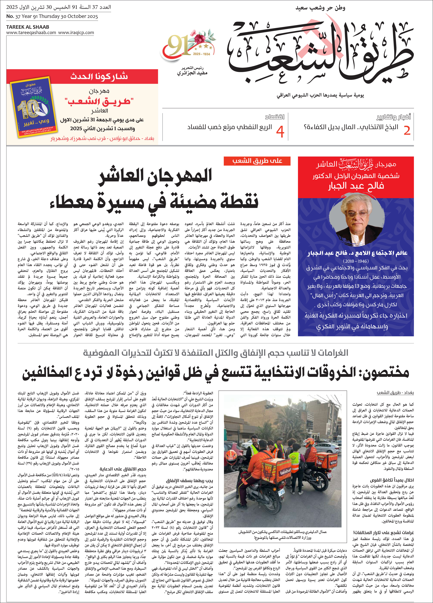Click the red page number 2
[407, 130]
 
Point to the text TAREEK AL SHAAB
[28, 27]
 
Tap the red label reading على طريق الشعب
[257, 161]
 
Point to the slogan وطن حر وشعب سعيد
[320, 8]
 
